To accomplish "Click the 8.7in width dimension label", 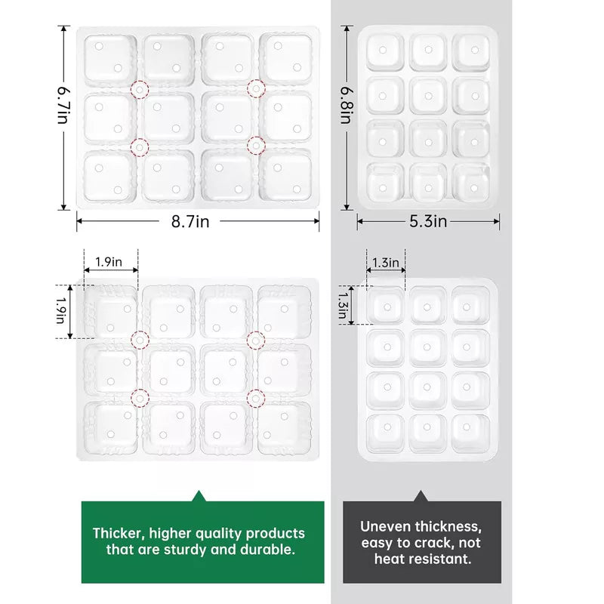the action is point(190,221).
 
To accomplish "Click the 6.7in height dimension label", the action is point(63,105).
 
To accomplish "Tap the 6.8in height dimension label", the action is point(346,105).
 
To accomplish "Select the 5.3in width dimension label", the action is point(428,221).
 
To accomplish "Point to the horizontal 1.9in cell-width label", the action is point(109,262).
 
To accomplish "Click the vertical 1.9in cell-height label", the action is point(61,310).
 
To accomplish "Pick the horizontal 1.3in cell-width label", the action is point(386,263).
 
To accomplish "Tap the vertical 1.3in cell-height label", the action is point(343,306).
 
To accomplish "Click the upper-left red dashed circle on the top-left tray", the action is point(140,90).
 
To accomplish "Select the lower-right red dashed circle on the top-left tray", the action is point(256,146).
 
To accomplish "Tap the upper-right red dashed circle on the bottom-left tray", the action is point(256,341).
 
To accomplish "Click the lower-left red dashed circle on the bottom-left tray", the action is point(140,398).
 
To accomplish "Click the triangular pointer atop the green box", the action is point(199,497).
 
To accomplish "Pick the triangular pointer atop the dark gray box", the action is point(421,497).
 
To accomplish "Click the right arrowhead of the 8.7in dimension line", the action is point(316,221).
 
